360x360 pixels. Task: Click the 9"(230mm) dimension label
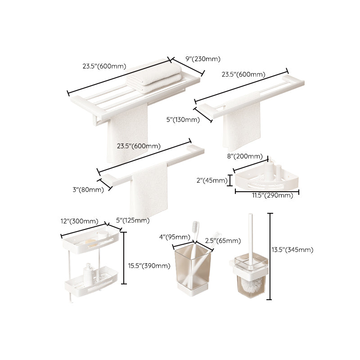(x=203, y=58)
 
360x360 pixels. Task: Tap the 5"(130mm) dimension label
(x=183, y=119)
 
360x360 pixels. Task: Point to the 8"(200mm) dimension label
(x=245, y=157)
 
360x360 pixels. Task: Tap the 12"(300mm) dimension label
(x=79, y=221)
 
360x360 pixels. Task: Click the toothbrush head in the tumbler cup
(x=196, y=226)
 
